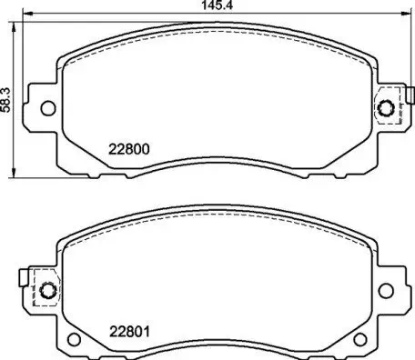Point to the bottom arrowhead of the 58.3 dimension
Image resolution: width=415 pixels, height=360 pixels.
(x=14, y=174)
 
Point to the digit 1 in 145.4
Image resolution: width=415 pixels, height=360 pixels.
(x=195, y=7)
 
